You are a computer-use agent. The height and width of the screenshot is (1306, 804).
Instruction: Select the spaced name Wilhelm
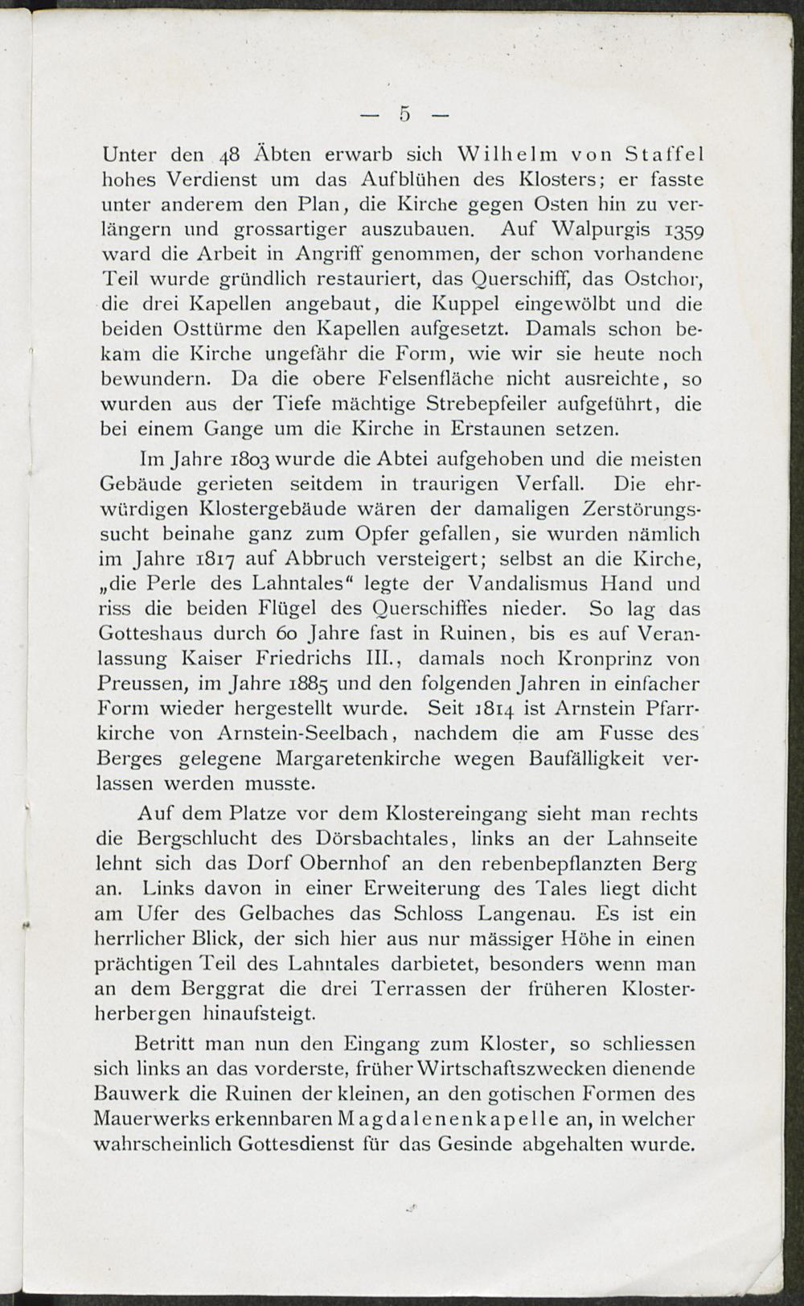coord(512,153)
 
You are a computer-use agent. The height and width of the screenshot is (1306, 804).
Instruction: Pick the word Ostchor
coord(658,279)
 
